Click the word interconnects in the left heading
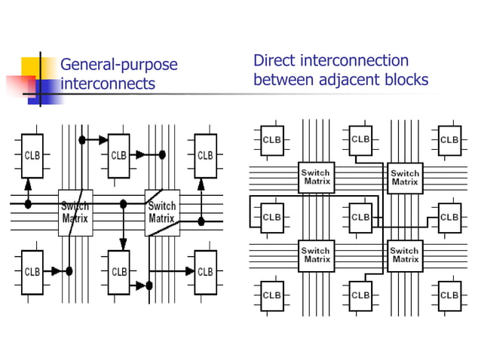[x=107, y=84]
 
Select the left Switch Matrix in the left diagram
[x=75, y=212]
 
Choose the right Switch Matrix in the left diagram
[x=161, y=212]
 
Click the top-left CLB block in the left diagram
[x=32, y=156]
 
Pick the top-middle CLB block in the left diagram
[x=118, y=156]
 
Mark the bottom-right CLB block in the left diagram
[x=205, y=271]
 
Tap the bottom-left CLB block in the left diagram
[x=32, y=271]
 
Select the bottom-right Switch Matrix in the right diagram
[x=404, y=255]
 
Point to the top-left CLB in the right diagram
[x=271, y=139]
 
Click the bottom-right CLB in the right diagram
[x=449, y=294]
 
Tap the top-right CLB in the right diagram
[x=449, y=139]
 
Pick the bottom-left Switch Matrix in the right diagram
[x=316, y=255]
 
